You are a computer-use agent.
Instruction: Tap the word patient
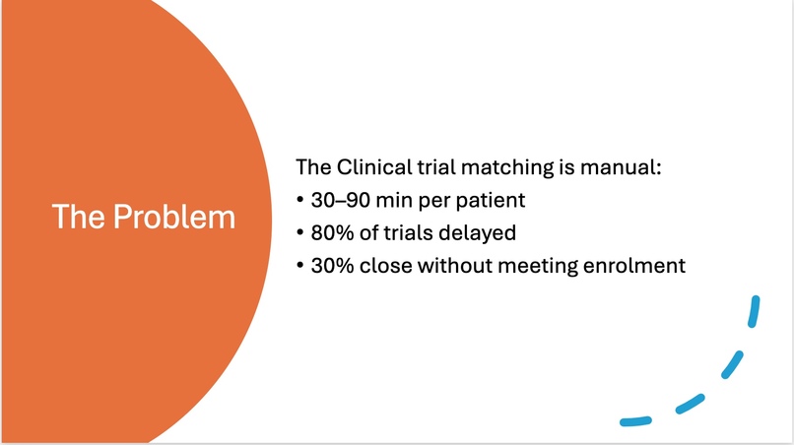pos(491,200)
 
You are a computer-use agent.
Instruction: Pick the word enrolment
pos(635,265)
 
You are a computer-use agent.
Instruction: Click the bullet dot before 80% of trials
pos(299,233)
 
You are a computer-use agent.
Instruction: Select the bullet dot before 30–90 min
pos(299,201)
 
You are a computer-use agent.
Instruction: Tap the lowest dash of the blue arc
pos(636,421)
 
